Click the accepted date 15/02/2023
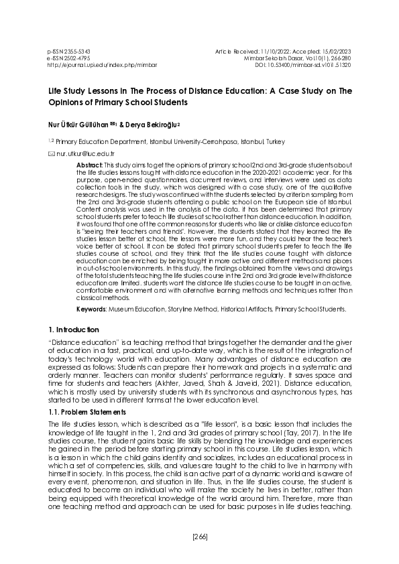coord(336,51)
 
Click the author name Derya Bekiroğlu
coord(149,125)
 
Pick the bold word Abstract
coord(89,165)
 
